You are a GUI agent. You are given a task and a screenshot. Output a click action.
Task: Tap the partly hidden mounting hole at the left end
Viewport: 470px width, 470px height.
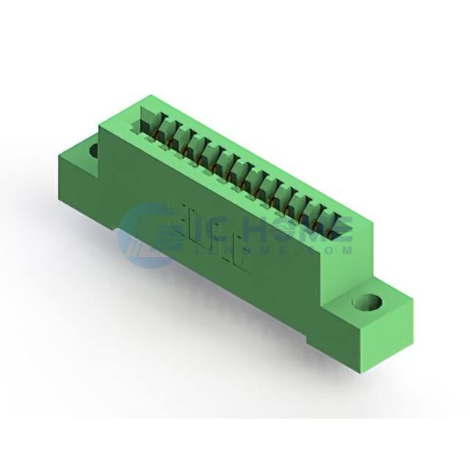click(x=94, y=150)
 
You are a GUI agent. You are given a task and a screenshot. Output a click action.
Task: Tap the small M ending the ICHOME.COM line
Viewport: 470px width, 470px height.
click(x=346, y=251)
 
